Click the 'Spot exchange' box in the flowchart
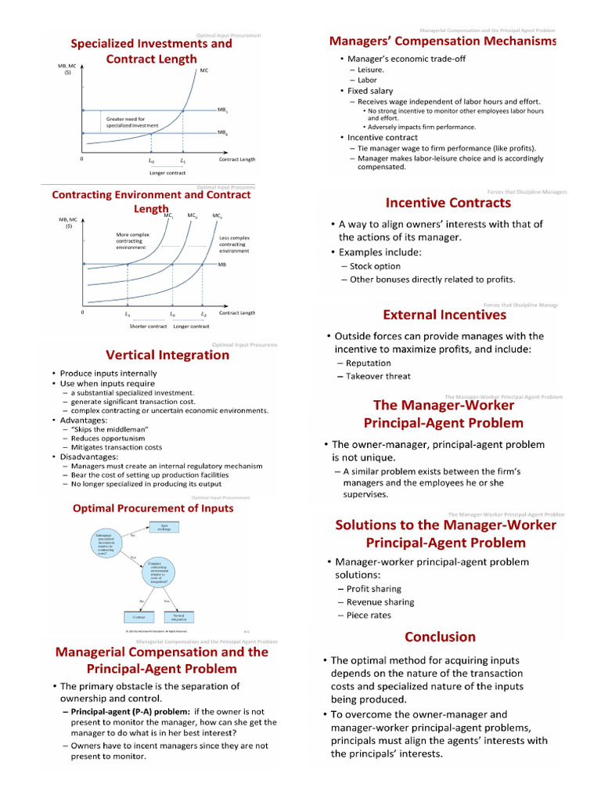click(164, 528)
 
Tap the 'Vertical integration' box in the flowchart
click(179, 618)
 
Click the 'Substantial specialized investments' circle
click(107, 544)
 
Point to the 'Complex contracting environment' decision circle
click(160, 576)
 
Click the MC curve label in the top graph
click(204, 70)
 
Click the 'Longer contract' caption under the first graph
click(167, 172)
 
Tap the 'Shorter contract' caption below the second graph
click(148, 326)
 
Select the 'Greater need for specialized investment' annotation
click(132, 122)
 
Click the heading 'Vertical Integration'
click(167, 355)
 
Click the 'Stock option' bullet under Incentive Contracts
click(375, 266)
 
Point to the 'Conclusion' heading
click(440, 637)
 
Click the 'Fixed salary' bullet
click(370, 91)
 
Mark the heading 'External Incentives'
click(444, 315)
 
